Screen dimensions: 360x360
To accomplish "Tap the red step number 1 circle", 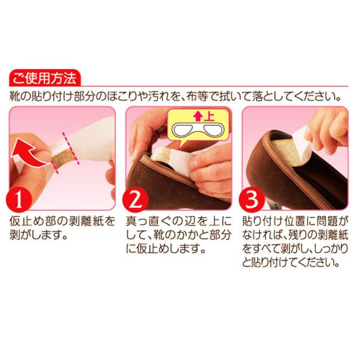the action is coord(19,199).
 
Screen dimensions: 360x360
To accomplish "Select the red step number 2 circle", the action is coord(135,199).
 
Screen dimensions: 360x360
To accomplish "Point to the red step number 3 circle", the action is coord(251,199).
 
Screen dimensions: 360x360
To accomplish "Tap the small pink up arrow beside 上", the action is coord(198,117).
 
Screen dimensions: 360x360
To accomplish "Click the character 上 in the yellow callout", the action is coord(209,116).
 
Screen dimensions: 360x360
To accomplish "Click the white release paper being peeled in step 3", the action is coord(303,143).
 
